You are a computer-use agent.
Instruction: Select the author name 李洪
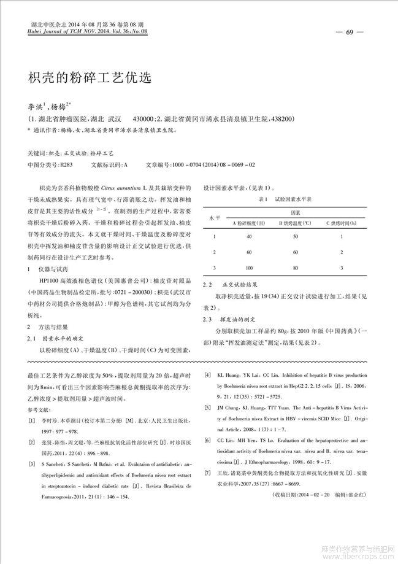pos(36,106)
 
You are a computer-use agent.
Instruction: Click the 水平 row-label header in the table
pos(214,218)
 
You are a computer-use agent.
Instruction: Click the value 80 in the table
pos(296,268)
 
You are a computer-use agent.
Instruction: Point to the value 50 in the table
pos(296,236)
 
